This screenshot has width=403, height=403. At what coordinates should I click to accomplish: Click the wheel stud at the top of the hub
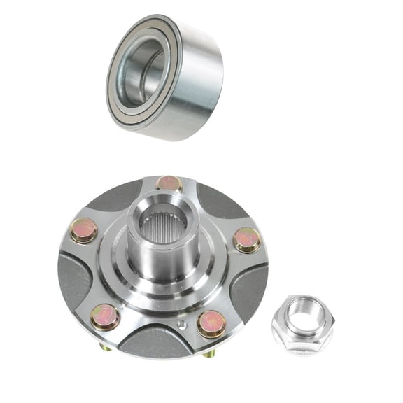pyautogui.click(x=169, y=184)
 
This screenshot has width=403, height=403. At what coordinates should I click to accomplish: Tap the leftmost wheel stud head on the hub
pyautogui.click(x=84, y=230)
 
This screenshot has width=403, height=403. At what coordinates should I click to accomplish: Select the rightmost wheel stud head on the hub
pyautogui.click(x=246, y=239)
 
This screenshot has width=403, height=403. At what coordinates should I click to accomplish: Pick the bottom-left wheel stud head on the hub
pyautogui.click(x=106, y=317)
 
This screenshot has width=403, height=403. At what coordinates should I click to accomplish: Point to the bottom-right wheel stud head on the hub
pyautogui.click(x=211, y=323)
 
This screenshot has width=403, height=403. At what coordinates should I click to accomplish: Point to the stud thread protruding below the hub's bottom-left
pyautogui.click(x=104, y=346)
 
